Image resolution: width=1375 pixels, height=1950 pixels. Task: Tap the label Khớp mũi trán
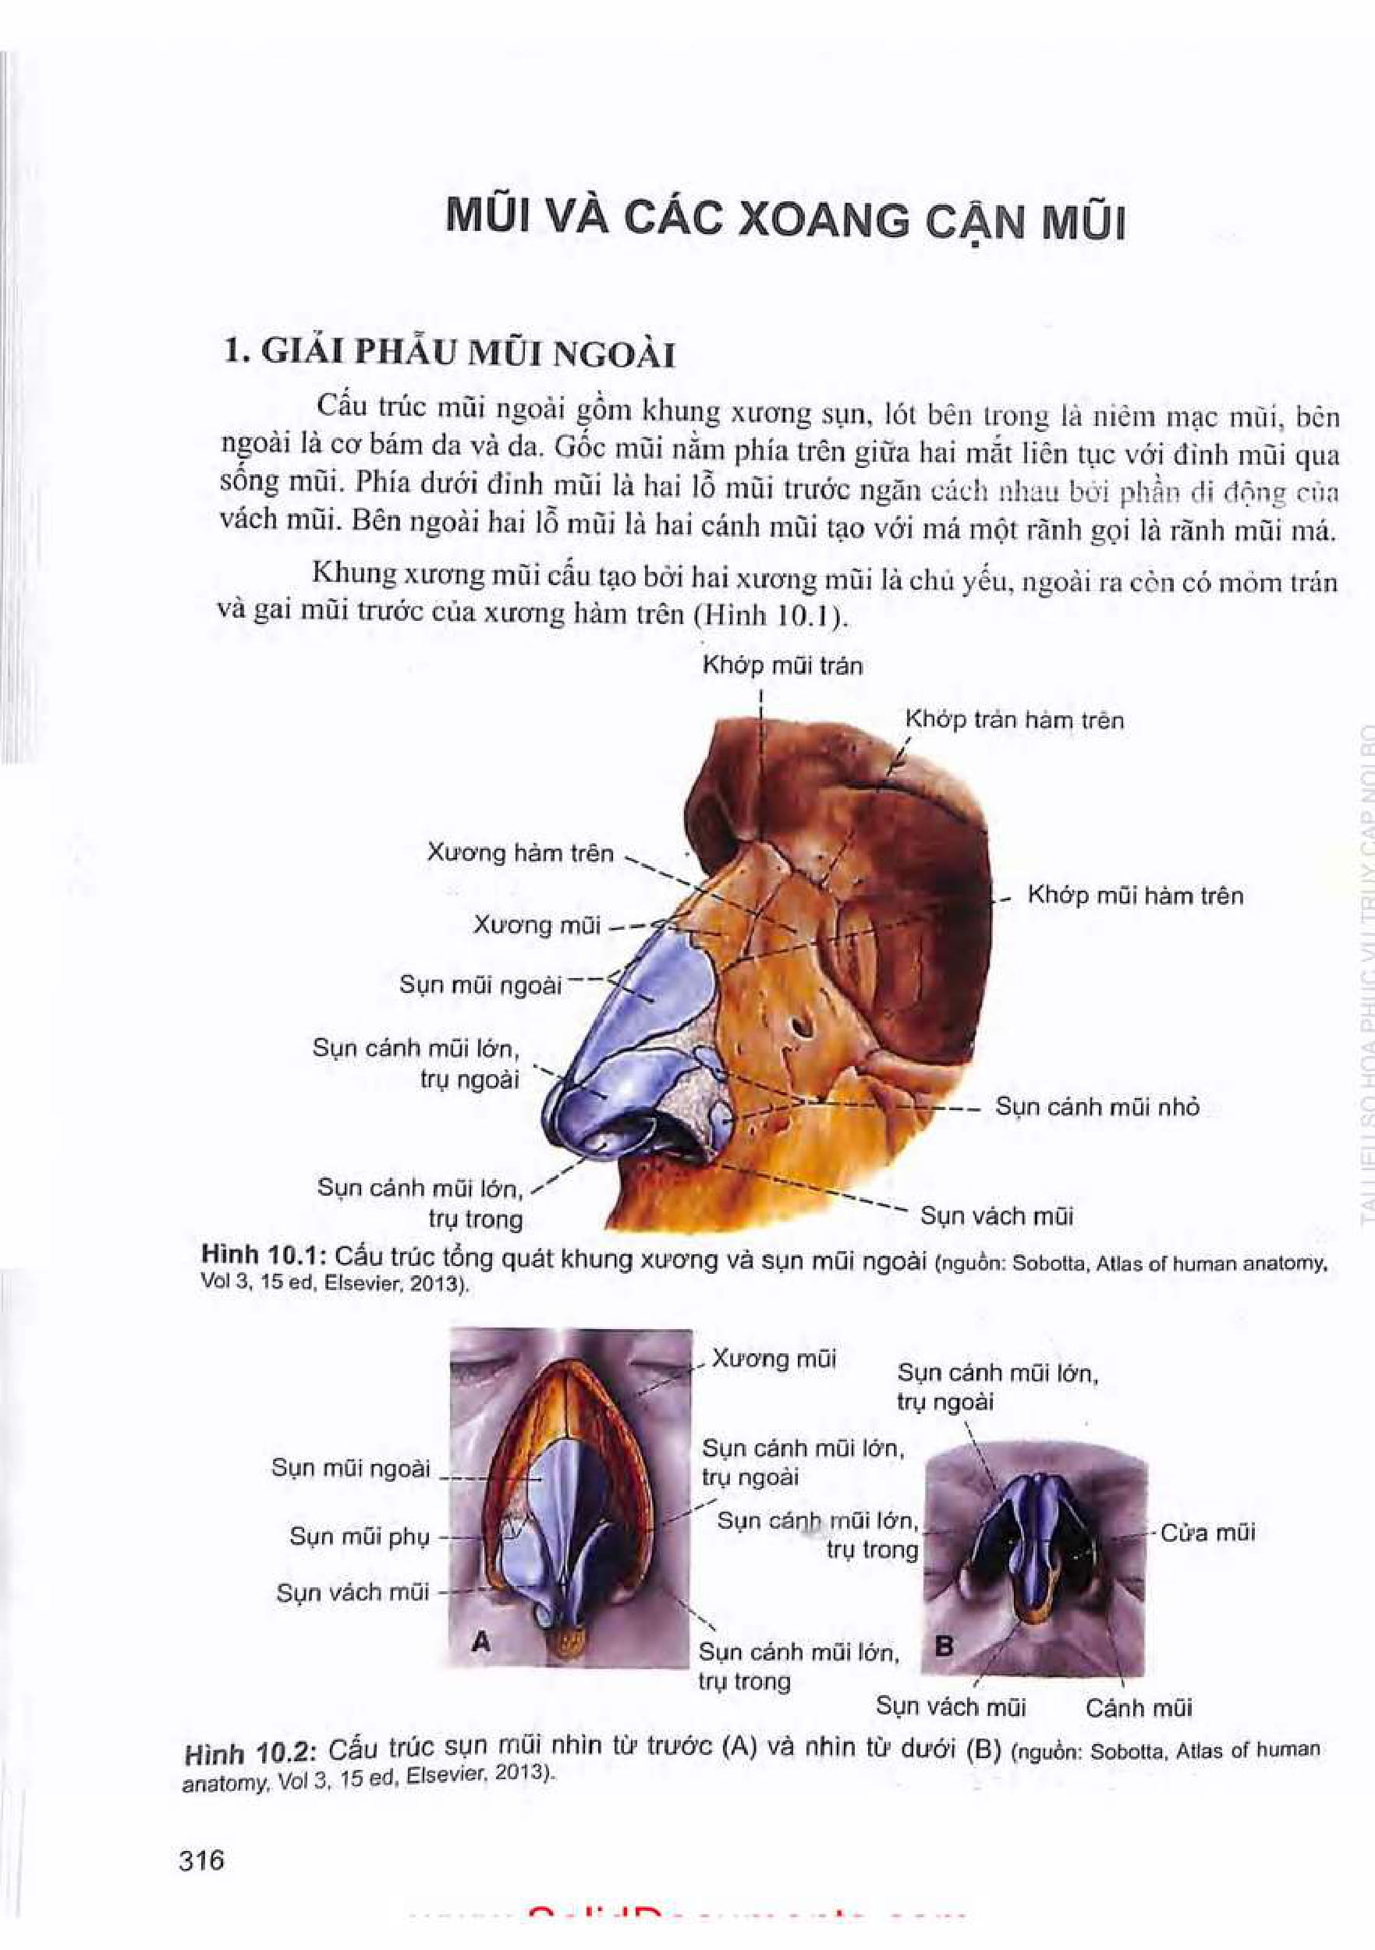[x=782, y=666]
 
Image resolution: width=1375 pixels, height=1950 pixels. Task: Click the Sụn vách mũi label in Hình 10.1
[x=997, y=1216]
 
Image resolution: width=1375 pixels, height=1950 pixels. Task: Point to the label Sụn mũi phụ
[x=360, y=1537]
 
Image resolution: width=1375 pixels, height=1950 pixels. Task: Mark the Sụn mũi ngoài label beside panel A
[x=351, y=1468]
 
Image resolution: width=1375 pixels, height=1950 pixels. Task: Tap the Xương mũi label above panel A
[x=774, y=1360]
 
